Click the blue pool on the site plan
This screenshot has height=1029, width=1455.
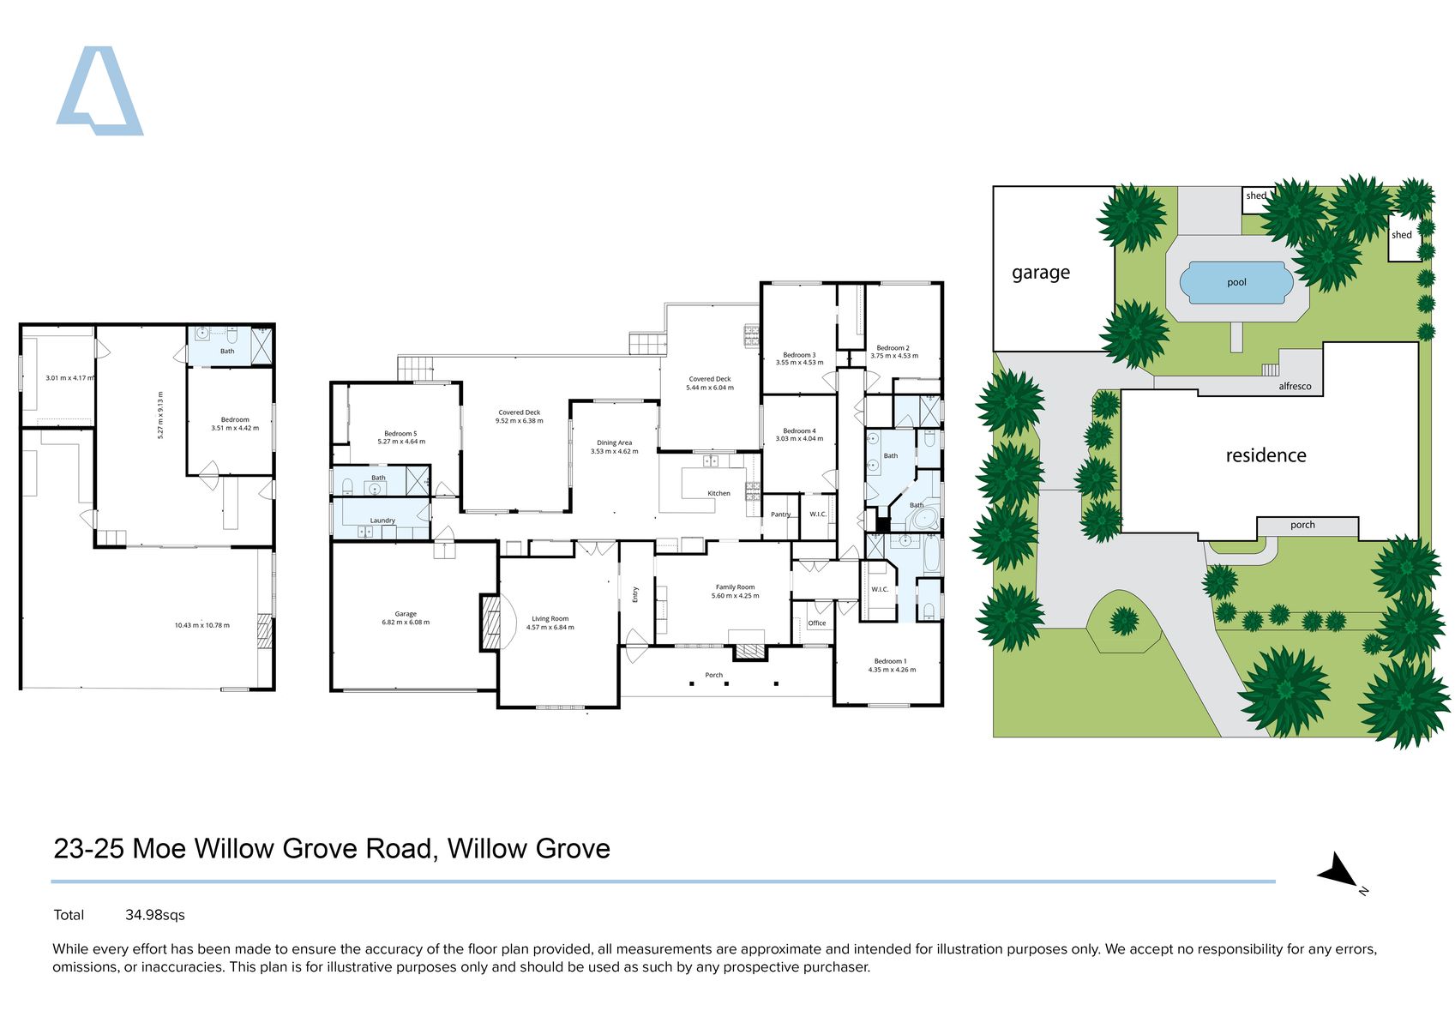(1236, 283)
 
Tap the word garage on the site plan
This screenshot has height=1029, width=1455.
(1041, 273)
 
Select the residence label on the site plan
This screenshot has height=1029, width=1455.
(1266, 455)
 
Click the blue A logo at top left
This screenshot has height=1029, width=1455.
(99, 93)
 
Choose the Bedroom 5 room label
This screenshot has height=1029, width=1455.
(400, 434)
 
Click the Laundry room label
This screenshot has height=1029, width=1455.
(382, 521)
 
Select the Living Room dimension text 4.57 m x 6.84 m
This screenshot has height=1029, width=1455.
(550, 628)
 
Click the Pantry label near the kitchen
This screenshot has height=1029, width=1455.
(780, 514)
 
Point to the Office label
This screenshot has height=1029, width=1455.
(816, 623)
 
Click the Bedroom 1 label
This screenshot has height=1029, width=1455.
(889, 661)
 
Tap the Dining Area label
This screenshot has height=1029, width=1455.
(614, 443)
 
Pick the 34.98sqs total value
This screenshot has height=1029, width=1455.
(154, 915)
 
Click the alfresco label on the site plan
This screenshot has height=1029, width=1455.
(1295, 387)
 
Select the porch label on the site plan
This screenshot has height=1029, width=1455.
(1302, 526)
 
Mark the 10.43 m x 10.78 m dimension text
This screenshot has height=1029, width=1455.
(201, 625)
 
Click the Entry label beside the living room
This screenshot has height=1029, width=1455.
(635, 594)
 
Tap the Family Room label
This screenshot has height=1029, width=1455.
(735, 587)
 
